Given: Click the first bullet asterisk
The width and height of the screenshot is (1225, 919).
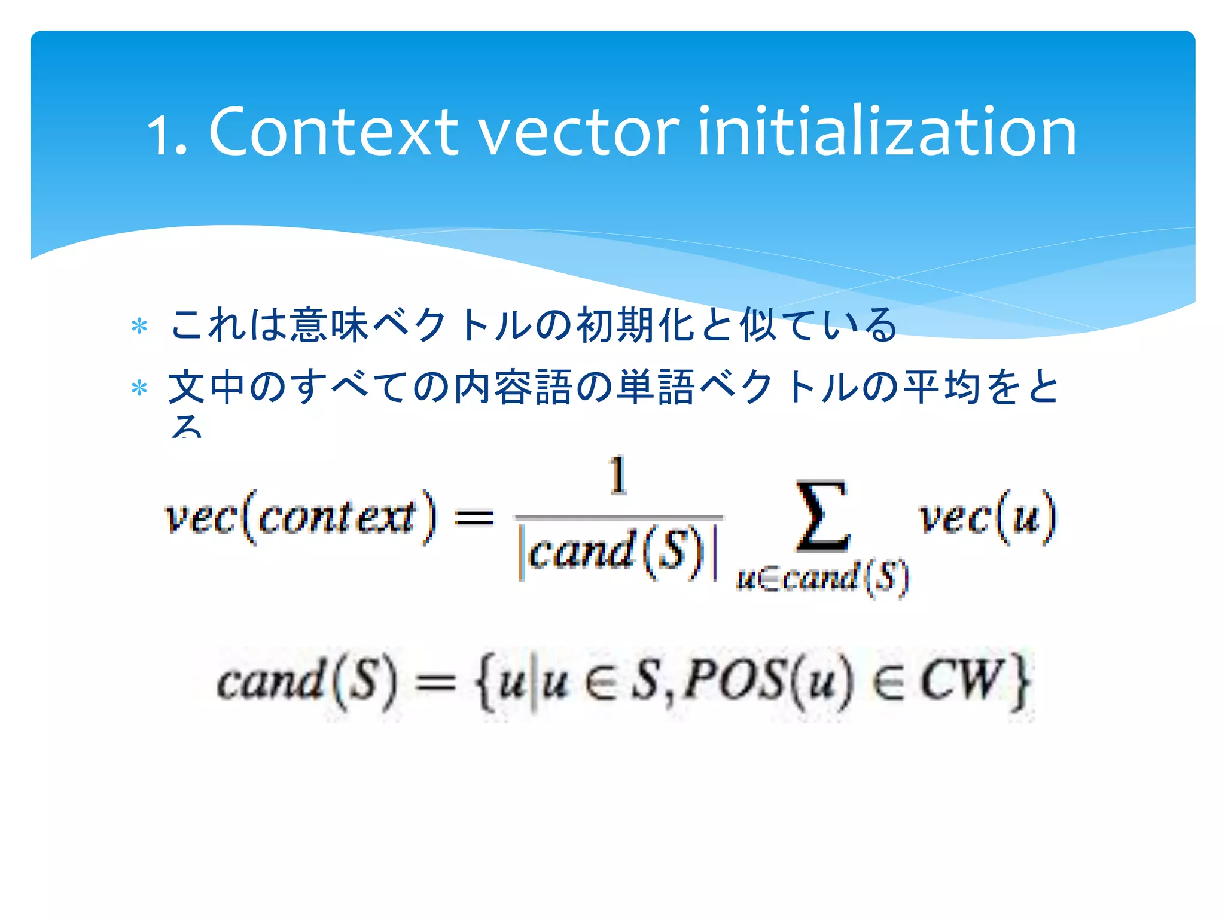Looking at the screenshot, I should (139, 327).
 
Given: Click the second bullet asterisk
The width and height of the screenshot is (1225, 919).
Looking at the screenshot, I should (139, 389).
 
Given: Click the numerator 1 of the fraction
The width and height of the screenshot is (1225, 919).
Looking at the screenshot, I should (618, 476).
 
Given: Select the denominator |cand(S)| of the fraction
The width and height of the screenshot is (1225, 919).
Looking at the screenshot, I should (618, 552).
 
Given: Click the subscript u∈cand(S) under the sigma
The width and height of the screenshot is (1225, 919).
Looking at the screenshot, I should (822, 578).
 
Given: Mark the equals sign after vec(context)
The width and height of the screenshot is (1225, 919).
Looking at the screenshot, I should (474, 518).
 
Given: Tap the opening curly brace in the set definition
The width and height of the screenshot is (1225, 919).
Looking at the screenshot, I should (485, 682).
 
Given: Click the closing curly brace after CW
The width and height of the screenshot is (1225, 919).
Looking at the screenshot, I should (1020, 682).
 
